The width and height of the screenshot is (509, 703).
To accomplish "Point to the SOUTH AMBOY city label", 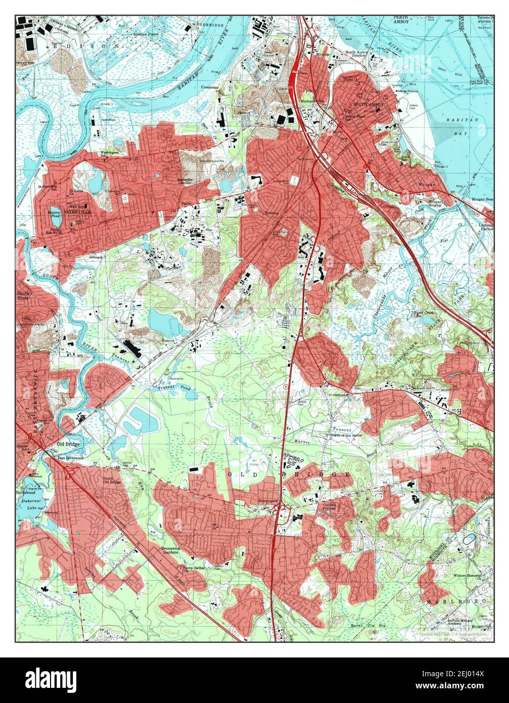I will click(x=368, y=105).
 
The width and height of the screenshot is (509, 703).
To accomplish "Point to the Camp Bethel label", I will click(x=195, y=568).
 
